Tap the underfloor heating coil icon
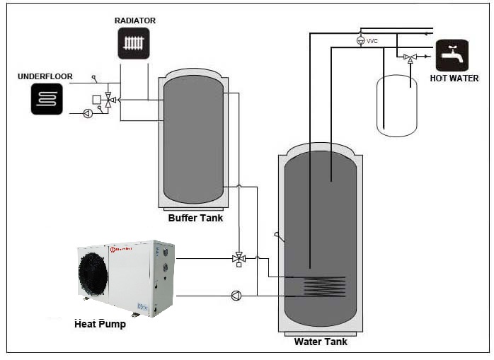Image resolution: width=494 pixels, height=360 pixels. pos(47,98)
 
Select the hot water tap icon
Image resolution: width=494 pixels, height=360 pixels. pos(452,55)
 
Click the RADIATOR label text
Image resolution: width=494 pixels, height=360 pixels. pos(134,21)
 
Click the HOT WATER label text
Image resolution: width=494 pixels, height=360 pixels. pos(454,79)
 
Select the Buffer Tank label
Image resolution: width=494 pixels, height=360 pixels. pos(195,218)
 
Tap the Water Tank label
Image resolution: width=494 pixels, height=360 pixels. pos(320,342)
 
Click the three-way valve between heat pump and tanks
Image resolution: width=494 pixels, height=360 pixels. pos(239,259)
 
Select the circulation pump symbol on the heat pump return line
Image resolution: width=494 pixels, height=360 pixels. pos(236,296)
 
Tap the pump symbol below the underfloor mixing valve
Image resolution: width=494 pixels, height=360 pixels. pos(88,113)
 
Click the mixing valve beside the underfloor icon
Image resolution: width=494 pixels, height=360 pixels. pos(108,100)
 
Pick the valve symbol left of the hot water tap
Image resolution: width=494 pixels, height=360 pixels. pos(410,58)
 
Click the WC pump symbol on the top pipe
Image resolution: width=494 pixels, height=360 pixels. pos(360,40)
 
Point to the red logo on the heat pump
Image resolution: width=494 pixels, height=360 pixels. pos(113,248)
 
